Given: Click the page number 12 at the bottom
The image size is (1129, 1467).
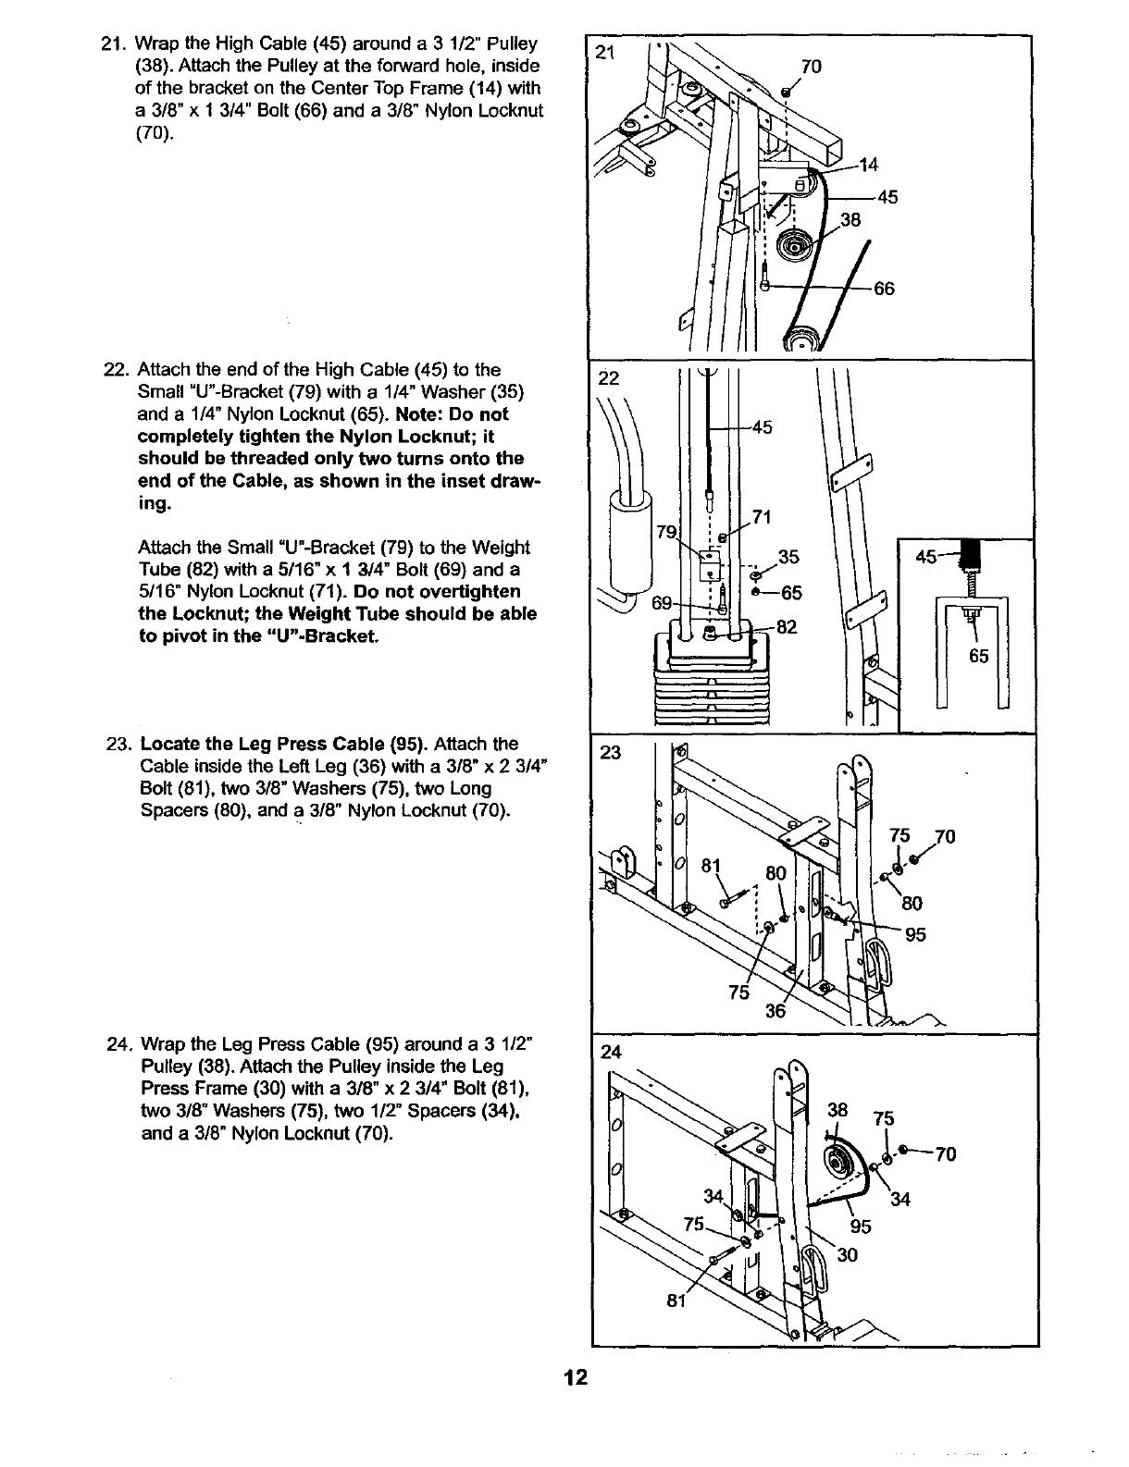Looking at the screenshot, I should (576, 1377).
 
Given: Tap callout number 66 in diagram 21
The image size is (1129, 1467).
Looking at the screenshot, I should (884, 289).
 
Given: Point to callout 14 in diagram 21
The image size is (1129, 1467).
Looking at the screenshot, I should (868, 166).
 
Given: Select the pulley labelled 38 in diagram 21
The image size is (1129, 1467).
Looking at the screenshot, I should (793, 248).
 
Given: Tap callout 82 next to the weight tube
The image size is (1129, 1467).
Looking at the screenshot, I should (786, 627).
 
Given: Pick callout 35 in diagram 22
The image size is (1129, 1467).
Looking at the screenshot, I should (788, 557).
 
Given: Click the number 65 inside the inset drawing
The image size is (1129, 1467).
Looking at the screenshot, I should (978, 657).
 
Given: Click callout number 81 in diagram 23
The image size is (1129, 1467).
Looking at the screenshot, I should (711, 867).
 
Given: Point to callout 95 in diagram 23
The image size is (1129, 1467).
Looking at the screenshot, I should (915, 934).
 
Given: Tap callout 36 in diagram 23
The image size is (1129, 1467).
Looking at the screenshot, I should (775, 1011).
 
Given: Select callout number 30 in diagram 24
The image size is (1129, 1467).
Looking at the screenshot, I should (847, 1255).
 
